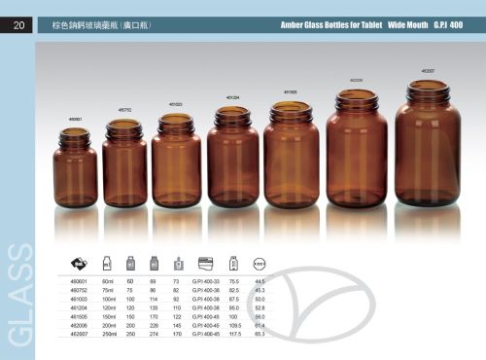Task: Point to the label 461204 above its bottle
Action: (x=233, y=98)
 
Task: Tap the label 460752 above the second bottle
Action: (x=125, y=110)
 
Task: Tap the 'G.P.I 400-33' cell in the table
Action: (x=206, y=280)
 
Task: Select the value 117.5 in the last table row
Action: (x=233, y=334)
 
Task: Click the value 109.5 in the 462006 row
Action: (x=233, y=325)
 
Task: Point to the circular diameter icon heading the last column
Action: (x=260, y=263)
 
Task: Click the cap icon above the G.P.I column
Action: (x=205, y=263)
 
